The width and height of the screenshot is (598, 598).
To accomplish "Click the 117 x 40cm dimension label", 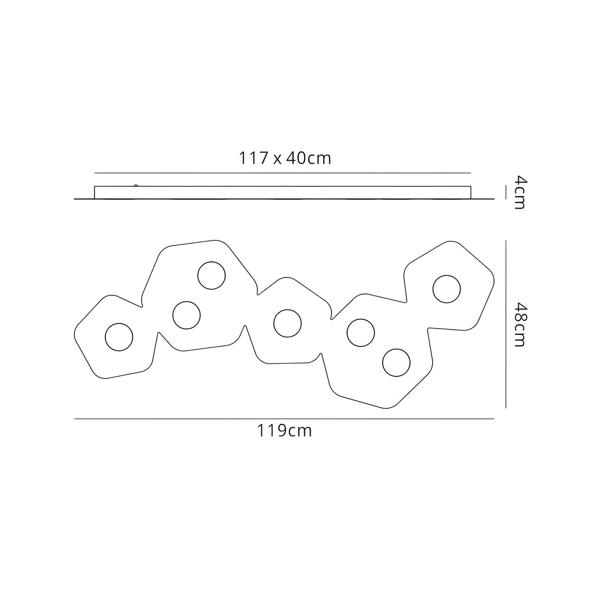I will tap(285, 158).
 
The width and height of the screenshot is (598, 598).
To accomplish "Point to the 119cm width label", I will tap(284, 431).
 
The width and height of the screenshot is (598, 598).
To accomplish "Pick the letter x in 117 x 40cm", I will tap(278, 159).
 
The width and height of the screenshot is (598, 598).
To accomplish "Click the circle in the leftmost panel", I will tap(119, 337).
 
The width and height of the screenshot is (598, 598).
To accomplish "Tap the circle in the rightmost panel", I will tap(447, 289).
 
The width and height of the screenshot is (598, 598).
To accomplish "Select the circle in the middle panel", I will tap(288, 323).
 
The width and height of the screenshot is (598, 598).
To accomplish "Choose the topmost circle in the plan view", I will tap(211, 276).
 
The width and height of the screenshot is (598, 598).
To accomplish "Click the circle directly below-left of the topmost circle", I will tap(187, 315).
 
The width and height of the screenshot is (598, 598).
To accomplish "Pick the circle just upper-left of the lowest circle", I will tap(361, 333).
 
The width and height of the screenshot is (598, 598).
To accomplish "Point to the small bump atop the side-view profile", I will tap(134, 185).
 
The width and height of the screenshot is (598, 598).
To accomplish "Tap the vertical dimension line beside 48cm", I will tap(506, 324).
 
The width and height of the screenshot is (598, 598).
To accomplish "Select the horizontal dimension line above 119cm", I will tap(284, 419).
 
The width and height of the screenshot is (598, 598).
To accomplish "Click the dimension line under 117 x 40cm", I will tap(283, 173).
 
